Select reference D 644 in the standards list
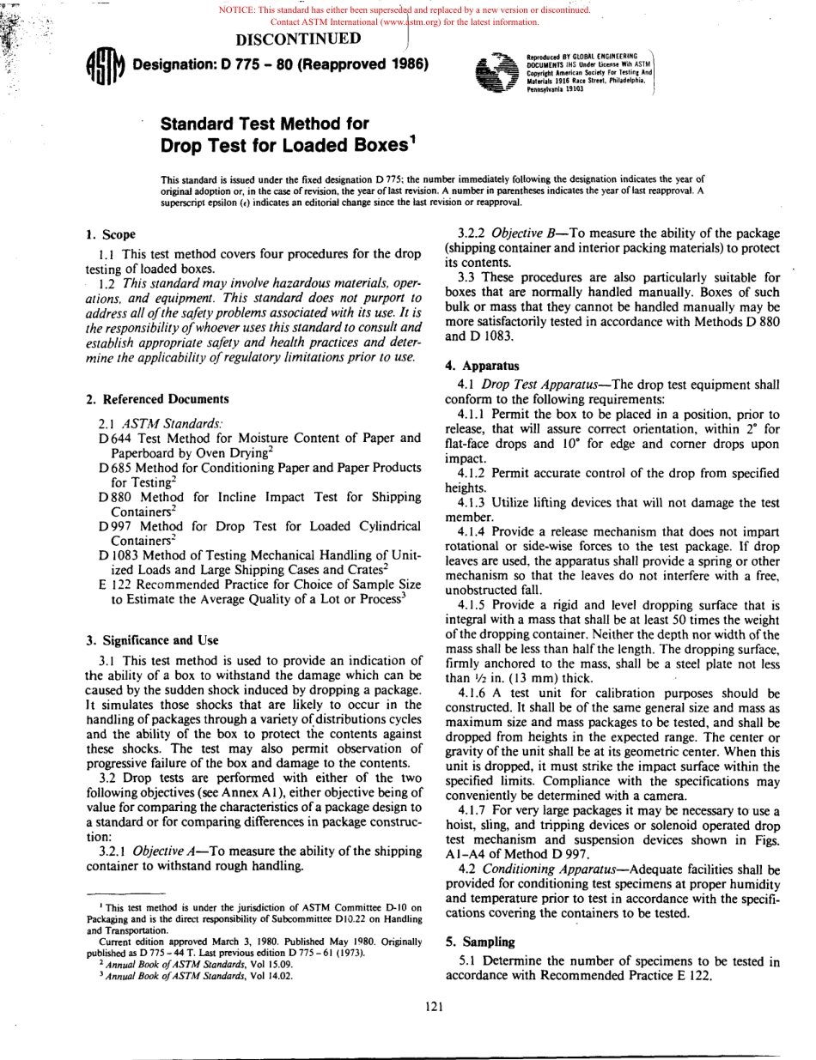pos(113,439)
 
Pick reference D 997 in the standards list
pos(113,525)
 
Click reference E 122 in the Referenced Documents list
pos(114,585)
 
